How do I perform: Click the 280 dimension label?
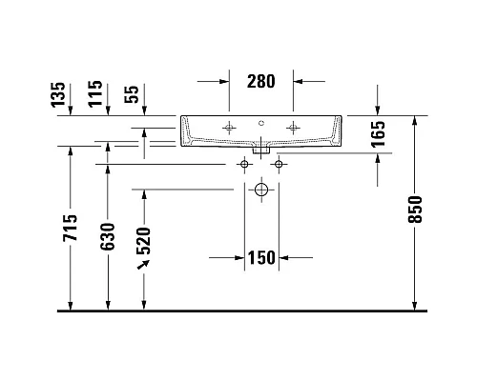260,81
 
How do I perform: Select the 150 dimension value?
261,257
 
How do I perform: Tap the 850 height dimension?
415,210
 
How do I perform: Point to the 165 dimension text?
378,133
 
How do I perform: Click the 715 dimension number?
71,228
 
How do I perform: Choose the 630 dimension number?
108,236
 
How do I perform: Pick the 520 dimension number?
143,241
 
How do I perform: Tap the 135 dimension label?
58,94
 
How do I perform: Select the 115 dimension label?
95,94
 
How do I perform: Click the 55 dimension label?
132,94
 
